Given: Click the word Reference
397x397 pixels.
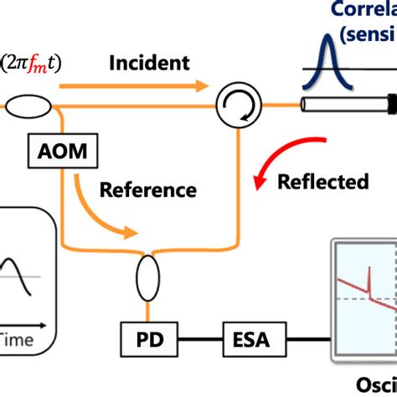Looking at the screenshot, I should pos(147,189).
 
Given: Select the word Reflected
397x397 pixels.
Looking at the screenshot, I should pos(322,181).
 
